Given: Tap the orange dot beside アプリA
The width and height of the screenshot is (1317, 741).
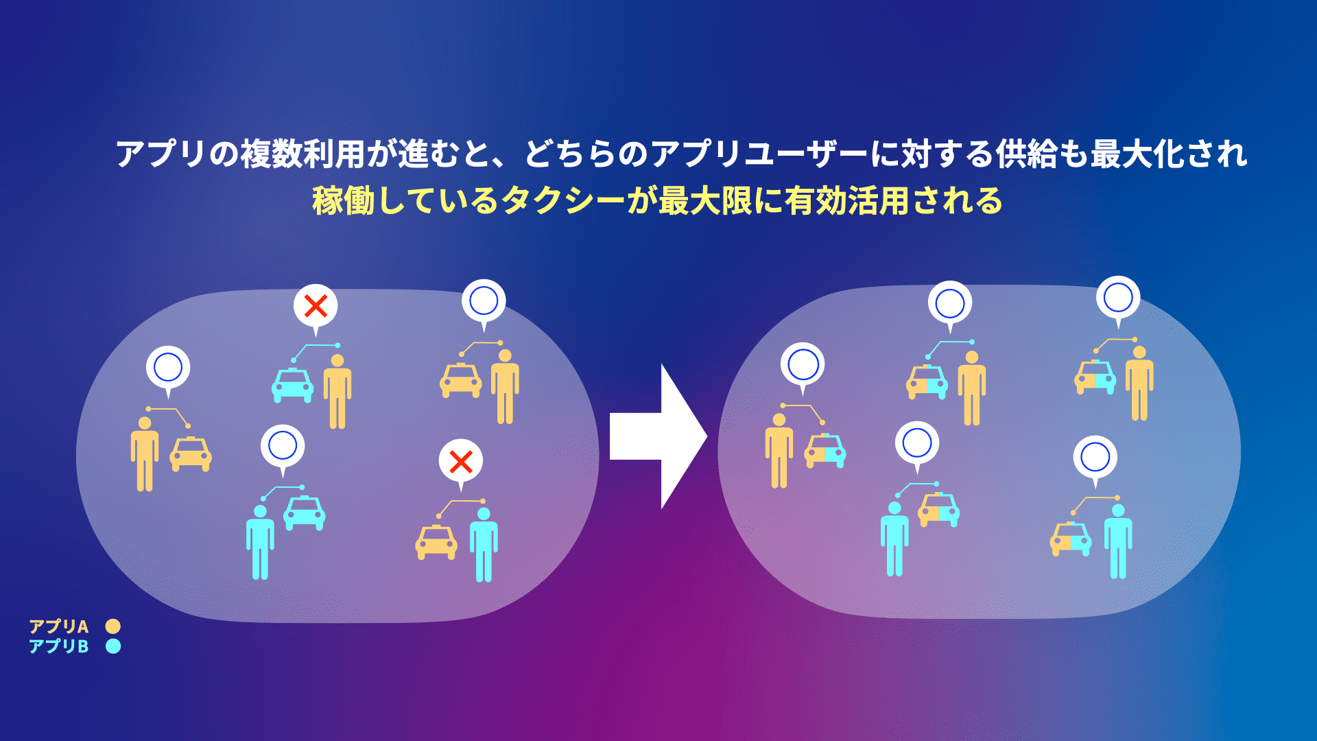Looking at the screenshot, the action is (x=113, y=626).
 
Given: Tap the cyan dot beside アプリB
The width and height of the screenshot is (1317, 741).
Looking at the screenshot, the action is (x=113, y=646).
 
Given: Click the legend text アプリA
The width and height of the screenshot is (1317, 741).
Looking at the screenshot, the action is (x=59, y=626).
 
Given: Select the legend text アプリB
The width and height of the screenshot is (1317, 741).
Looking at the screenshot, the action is (x=59, y=646).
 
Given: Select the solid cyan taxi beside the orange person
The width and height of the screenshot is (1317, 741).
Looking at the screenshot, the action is (x=293, y=385).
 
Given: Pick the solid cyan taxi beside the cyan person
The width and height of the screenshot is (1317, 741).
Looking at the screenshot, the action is (x=305, y=513).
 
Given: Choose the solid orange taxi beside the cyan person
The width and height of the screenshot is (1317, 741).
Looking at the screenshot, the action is (x=436, y=542).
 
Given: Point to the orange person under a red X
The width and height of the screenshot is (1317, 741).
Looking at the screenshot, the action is (x=337, y=392).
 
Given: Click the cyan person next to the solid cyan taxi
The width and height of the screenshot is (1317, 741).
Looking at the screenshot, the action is (x=260, y=543).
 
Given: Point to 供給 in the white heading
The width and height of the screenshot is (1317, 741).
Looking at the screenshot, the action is (x=1028, y=154).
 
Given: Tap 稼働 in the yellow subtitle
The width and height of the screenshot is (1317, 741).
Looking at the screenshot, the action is (x=343, y=201).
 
